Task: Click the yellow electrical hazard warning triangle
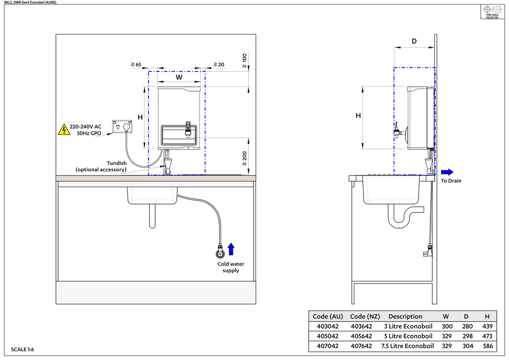coord(63,130)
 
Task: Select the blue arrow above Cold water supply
coord(231,249)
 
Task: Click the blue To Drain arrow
coord(447,172)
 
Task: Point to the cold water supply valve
coord(221,254)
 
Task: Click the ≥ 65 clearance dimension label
coord(136,65)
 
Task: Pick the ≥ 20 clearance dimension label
coord(219,65)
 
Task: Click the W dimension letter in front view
coord(179,77)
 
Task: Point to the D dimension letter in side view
coord(414,41)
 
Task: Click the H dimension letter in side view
coord(358,116)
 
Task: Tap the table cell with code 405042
coord(328,336)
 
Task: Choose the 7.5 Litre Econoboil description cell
coord(408,346)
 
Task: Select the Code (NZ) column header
coord(365,317)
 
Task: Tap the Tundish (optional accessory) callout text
coord(101,166)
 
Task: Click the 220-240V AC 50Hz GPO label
coord(85,130)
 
